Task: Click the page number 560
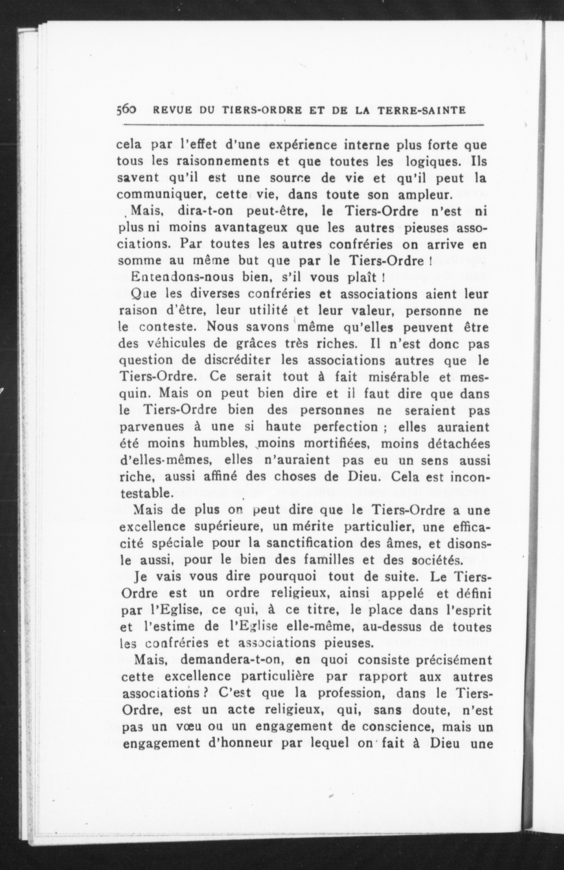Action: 126,110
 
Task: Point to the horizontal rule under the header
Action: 303,125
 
